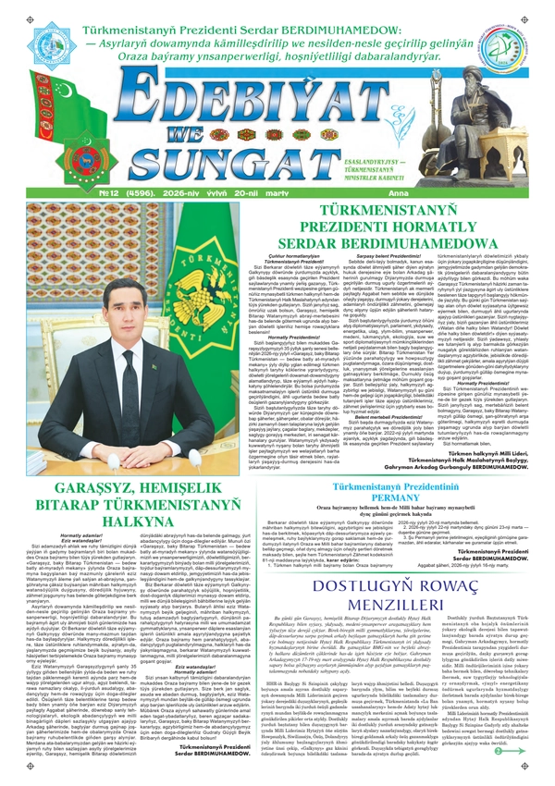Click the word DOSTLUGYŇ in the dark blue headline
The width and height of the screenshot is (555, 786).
click(x=329, y=589)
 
